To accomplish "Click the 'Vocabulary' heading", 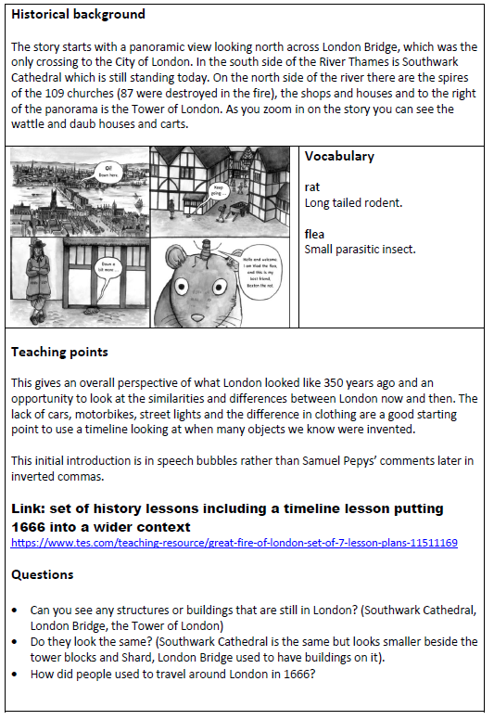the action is (x=339, y=157).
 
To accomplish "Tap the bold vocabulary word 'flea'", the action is (x=314, y=234).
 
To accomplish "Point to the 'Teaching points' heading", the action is (x=59, y=352).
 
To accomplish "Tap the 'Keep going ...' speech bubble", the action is (x=220, y=190).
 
